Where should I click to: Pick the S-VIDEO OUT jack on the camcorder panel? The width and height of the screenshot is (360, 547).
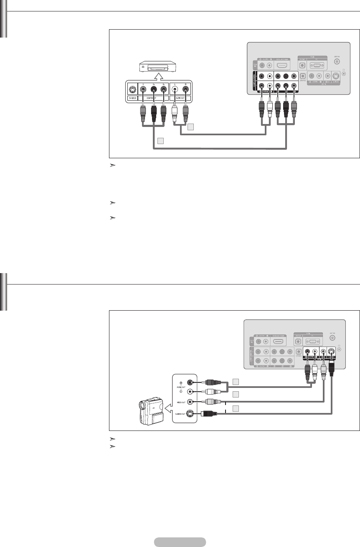191,414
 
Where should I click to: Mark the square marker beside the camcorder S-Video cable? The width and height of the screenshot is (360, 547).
236,408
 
